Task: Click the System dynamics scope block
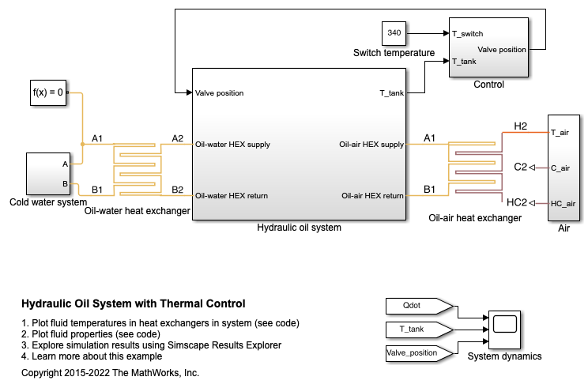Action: click(504, 324)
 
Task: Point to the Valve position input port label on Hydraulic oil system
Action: click(219, 92)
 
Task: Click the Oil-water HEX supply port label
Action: click(232, 144)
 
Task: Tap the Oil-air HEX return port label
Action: click(372, 195)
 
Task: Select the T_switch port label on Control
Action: click(468, 33)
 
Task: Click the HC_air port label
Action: click(563, 203)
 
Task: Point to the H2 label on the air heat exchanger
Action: click(520, 126)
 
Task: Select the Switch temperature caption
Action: click(394, 53)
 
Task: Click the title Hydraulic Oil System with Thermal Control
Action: click(133, 303)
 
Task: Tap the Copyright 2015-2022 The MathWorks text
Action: click(110, 372)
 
